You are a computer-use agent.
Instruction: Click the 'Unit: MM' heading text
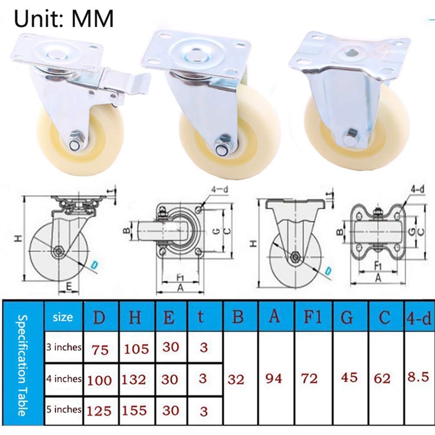click(64, 18)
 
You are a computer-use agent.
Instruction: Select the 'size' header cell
click(63, 317)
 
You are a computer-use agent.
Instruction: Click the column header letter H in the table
click(135, 317)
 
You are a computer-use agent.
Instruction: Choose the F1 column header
click(312, 316)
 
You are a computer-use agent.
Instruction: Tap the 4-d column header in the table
click(419, 318)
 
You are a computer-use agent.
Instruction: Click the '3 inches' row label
click(64, 347)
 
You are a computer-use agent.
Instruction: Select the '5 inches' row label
click(64, 409)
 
